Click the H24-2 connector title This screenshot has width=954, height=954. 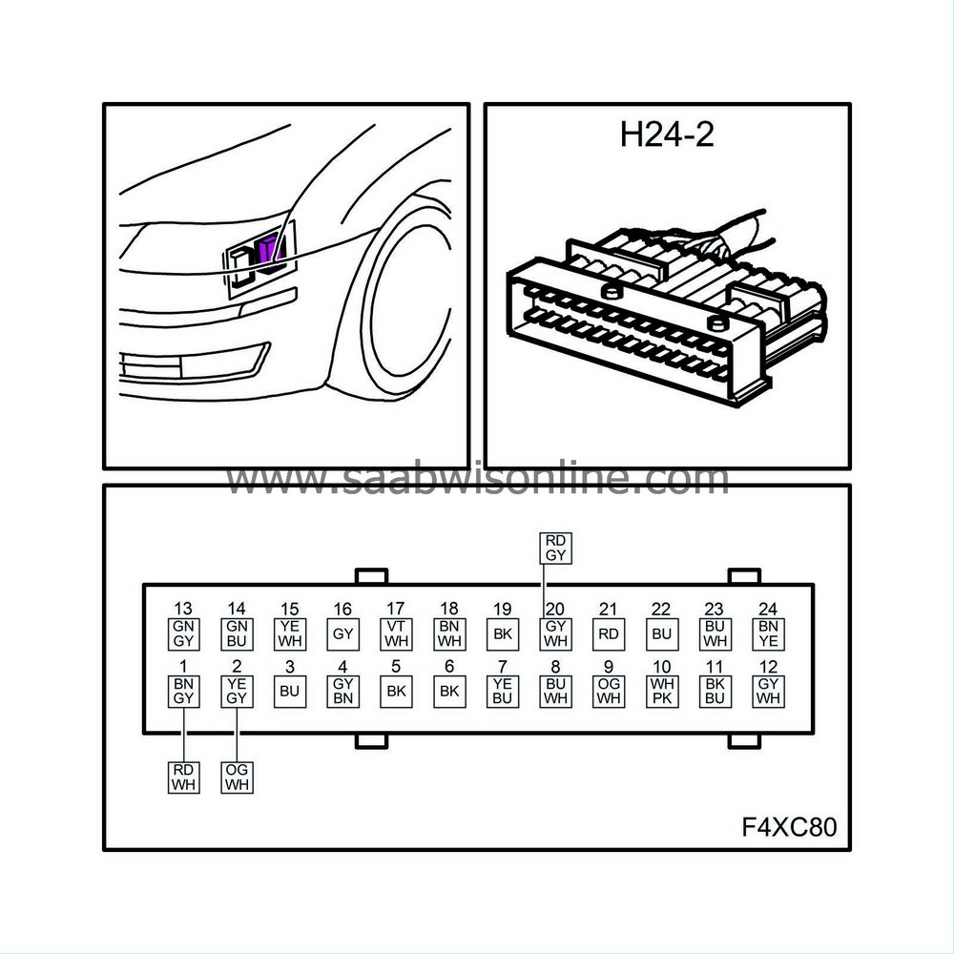(667, 135)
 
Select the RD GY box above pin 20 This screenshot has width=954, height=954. (554, 549)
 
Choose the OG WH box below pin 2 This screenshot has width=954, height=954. (237, 777)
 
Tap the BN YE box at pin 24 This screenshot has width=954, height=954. (769, 633)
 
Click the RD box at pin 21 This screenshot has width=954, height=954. (609, 633)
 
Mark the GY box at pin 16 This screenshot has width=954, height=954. (342, 633)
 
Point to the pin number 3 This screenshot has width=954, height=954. (289, 667)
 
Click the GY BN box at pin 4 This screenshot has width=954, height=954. (342, 691)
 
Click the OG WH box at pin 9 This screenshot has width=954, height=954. (609, 691)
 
